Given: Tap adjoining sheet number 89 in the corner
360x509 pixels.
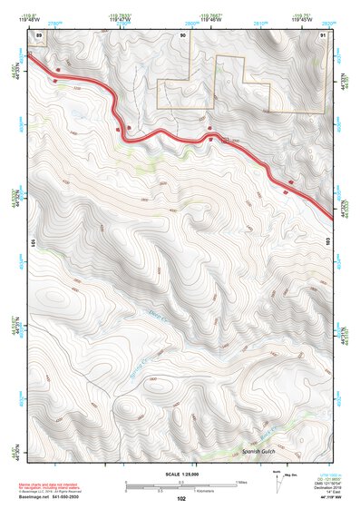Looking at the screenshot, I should [x=39, y=34].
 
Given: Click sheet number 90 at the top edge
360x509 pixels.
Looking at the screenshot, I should [x=182, y=34].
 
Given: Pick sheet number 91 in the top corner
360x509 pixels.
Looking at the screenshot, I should [x=325, y=34].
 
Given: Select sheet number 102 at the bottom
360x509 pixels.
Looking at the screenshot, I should [x=182, y=498].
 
